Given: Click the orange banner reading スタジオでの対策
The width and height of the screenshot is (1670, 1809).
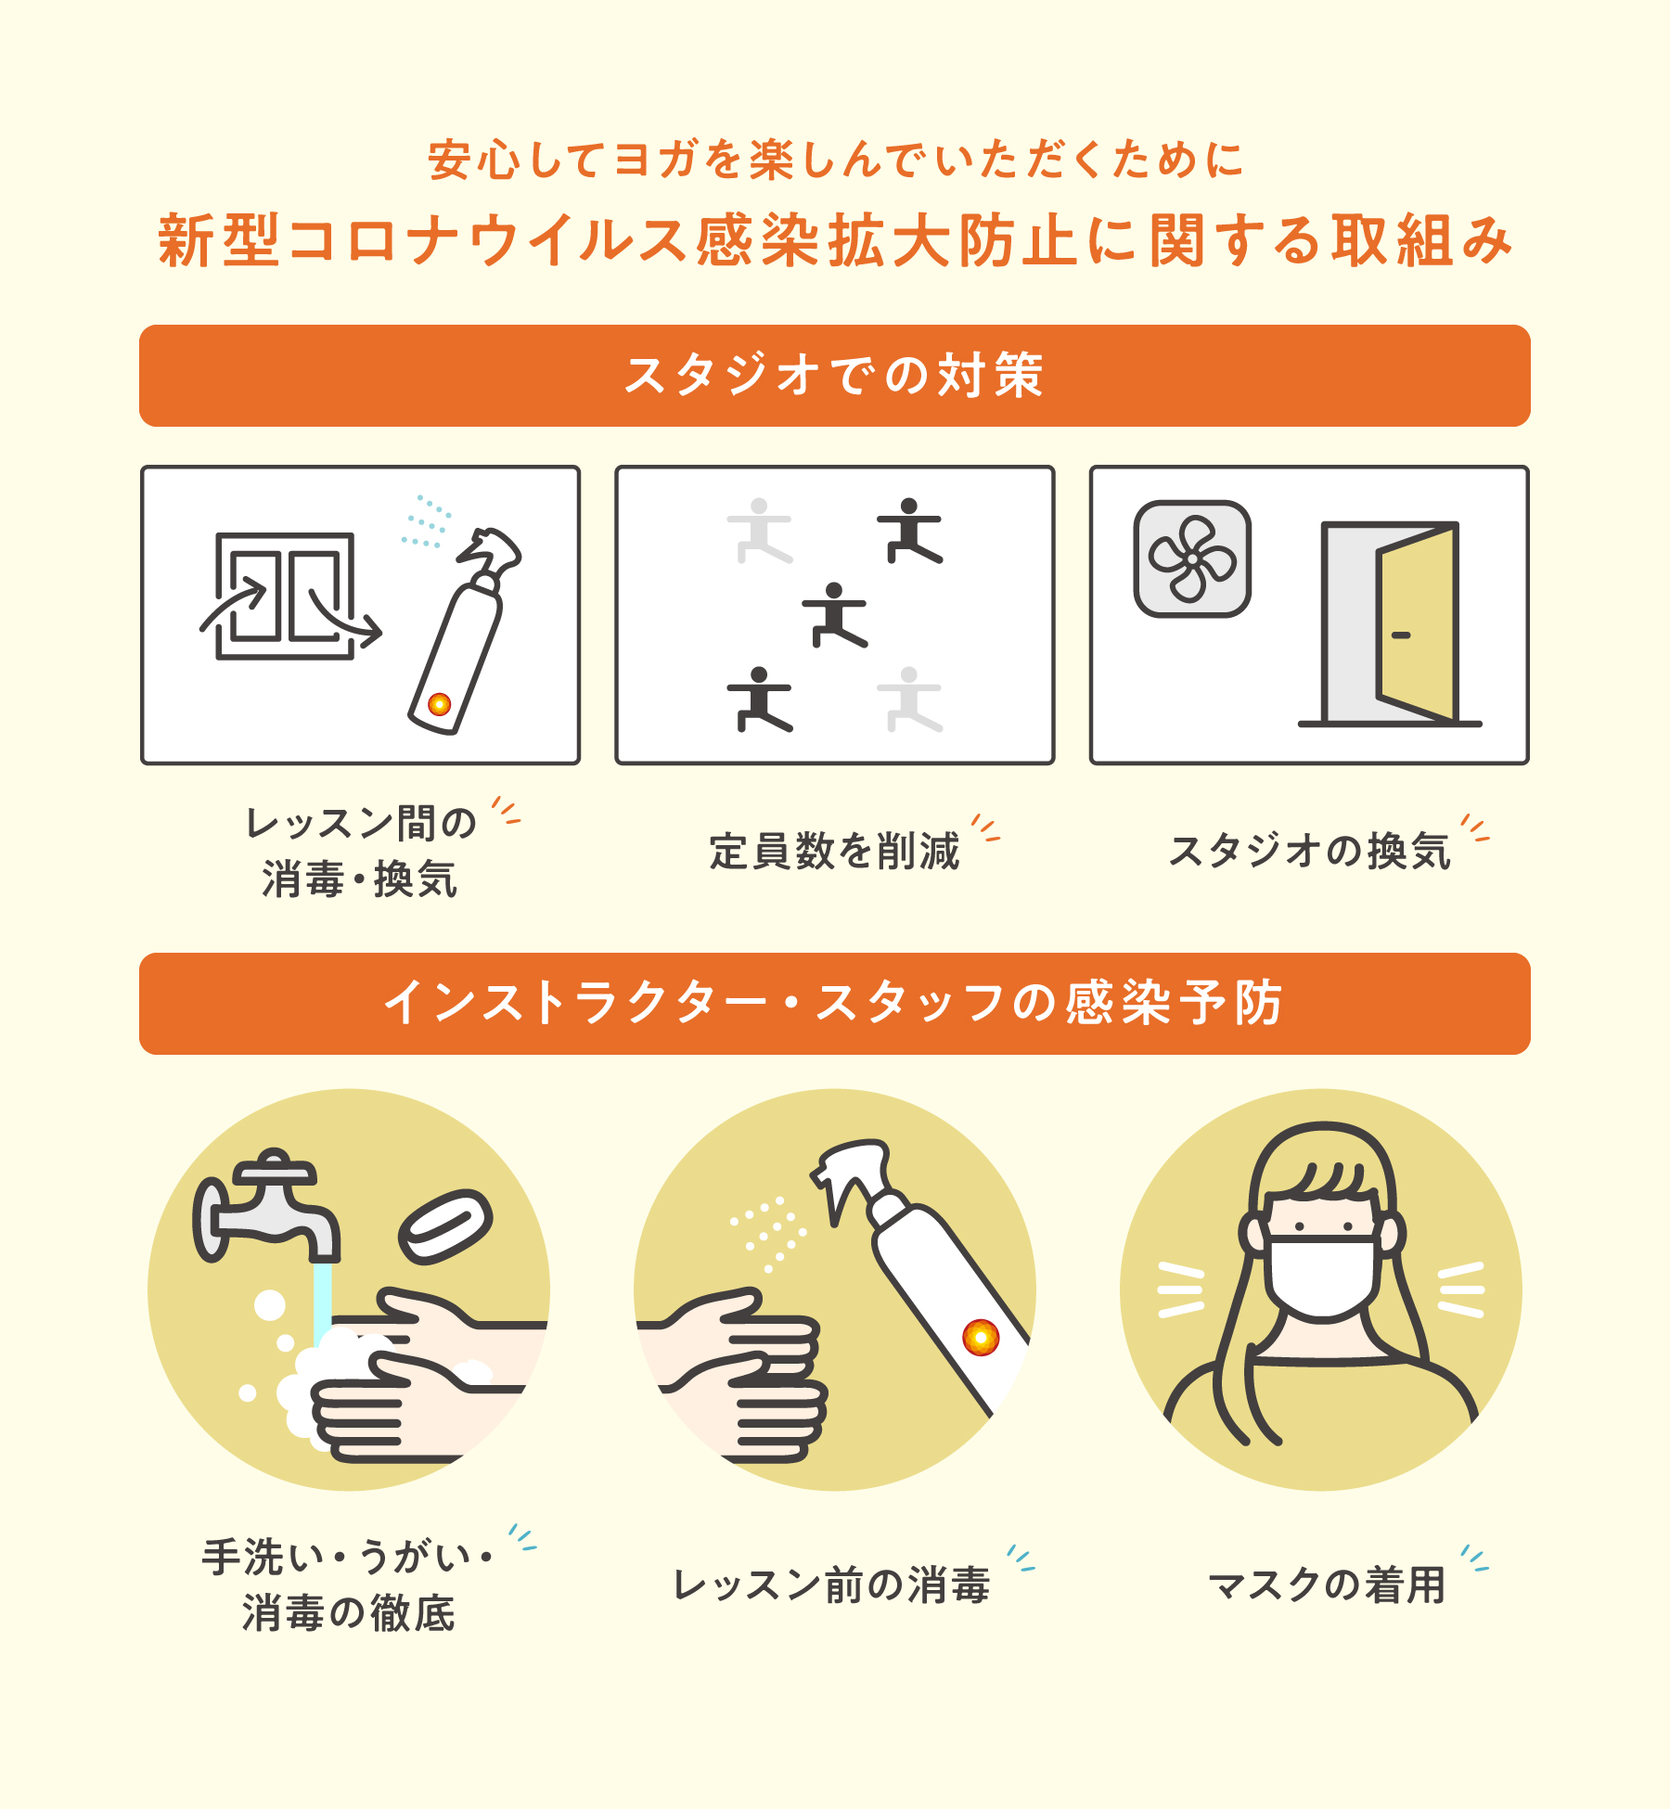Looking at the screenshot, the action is [834, 376].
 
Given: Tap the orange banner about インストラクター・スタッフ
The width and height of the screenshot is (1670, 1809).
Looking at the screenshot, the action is [834, 1004].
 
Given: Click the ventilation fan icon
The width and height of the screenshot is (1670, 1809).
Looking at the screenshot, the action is [1192, 558].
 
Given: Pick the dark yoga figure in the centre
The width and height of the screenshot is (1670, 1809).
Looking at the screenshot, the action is [835, 615].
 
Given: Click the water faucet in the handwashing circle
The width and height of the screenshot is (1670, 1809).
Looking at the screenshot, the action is [265, 1206].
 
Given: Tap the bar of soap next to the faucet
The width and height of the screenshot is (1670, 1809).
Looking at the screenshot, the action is [445, 1225].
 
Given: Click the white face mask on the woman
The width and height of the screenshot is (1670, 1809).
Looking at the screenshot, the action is [1323, 1277].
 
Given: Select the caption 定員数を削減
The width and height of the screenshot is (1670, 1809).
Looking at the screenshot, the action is [834, 852].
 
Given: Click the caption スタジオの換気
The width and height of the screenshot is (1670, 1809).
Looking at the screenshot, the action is [1309, 852].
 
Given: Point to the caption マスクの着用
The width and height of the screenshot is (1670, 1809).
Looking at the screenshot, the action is [1327, 1584].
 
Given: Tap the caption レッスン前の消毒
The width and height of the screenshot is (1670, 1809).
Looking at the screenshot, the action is [832, 1584].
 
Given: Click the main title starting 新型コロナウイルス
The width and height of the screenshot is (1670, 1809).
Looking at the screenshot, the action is [835, 240].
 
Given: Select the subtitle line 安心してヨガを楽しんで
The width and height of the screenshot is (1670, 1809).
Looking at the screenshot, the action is [835, 160].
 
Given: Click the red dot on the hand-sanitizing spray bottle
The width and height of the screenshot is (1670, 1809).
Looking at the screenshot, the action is [980, 1337].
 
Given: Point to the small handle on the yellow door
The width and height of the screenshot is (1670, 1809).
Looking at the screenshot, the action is [1401, 635].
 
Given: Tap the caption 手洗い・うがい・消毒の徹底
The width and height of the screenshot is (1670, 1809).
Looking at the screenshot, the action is [348, 1584].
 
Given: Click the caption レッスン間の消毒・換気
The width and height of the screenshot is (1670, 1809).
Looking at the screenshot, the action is [360, 852].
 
